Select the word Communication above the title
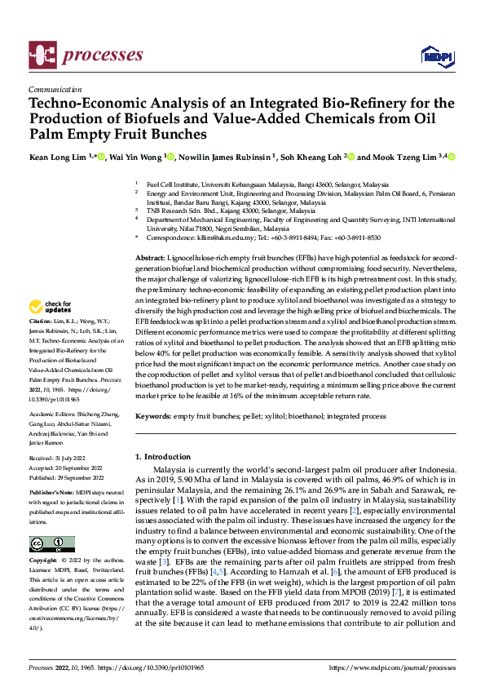coord(53,91)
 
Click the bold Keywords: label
coord(152,416)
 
